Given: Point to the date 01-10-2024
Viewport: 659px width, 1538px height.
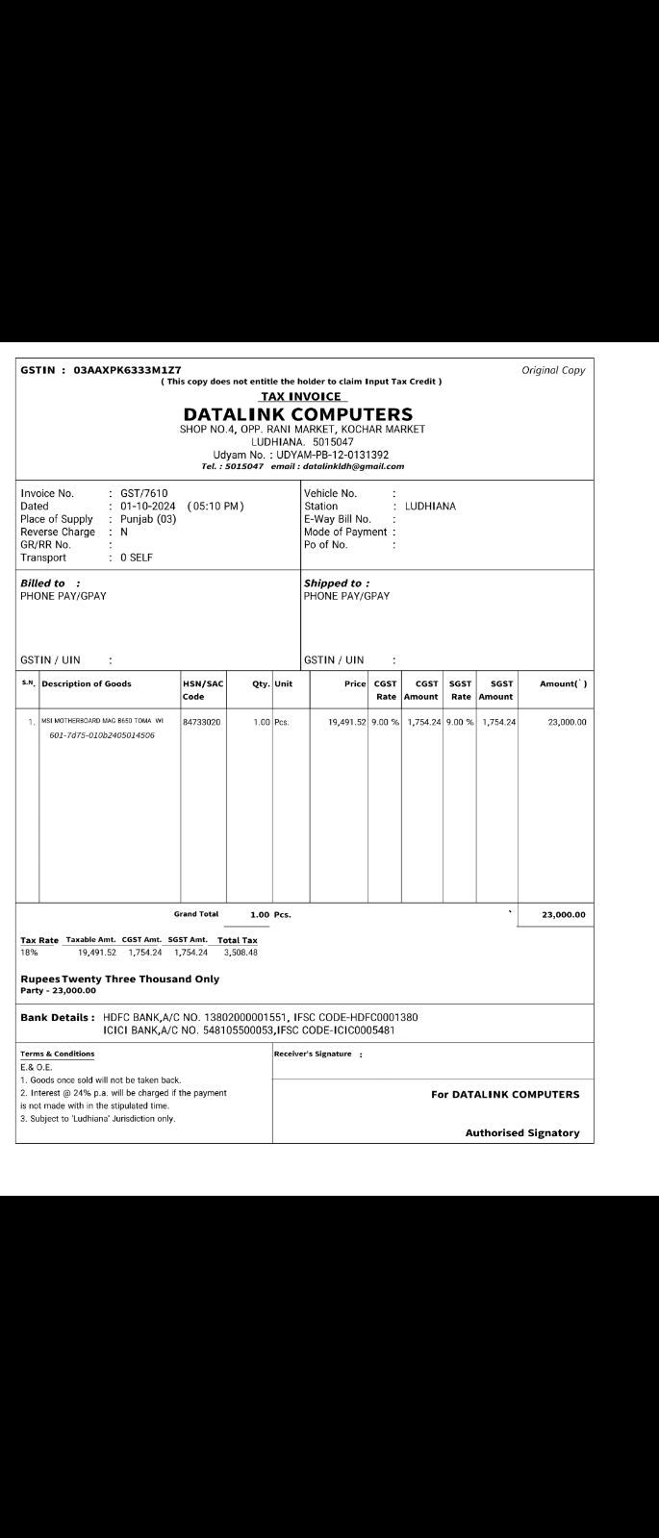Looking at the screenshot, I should point(148,507).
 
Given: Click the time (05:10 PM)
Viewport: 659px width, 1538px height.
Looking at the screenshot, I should point(215,507).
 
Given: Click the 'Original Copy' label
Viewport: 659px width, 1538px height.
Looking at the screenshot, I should point(553,370).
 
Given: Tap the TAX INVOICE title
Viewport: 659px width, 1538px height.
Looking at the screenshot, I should point(303,396).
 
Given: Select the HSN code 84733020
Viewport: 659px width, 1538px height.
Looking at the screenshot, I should point(202,722).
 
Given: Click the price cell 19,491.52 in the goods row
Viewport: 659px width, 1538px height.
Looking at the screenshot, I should point(342,722).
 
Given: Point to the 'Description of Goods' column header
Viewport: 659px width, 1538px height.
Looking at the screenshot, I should point(87,683).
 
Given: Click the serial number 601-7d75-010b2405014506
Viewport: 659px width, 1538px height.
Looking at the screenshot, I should point(102,735).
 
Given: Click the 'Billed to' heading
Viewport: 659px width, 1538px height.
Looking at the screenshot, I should point(43,583).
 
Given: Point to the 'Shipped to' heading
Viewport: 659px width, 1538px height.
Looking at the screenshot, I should point(333,583).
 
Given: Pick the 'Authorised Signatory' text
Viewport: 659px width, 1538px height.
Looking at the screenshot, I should point(522,1132).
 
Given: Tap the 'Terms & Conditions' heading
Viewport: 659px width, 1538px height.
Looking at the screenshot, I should point(58,1054).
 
